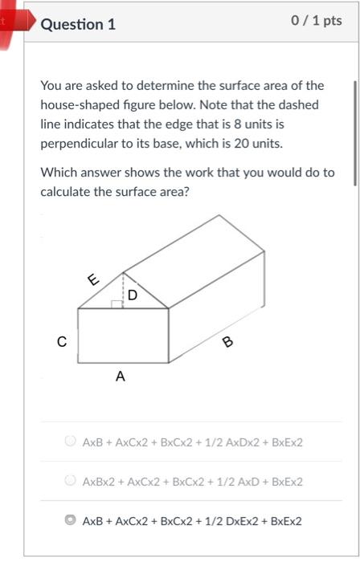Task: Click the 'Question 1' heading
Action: point(78,24)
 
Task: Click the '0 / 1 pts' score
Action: point(317,21)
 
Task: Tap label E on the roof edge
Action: point(93,279)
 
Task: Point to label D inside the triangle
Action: point(133,295)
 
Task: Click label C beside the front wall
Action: point(61,341)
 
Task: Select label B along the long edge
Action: point(227,343)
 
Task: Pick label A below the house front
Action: point(121,375)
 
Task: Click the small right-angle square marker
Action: point(117,304)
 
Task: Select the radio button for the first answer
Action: point(70,442)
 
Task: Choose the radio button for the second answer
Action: point(70,481)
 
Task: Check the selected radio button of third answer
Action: point(70,520)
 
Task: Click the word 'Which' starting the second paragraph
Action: point(59,173)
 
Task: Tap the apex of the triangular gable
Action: point(123,271)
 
